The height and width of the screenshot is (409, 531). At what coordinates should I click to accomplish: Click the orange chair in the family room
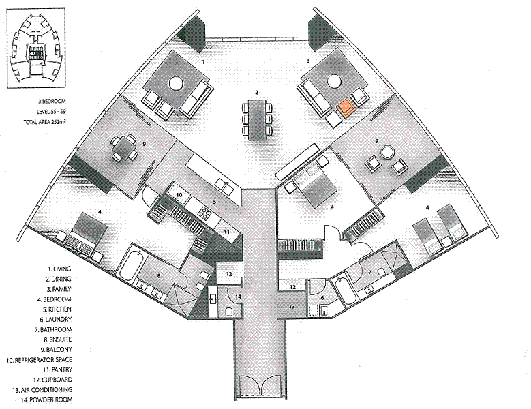coord(346,108)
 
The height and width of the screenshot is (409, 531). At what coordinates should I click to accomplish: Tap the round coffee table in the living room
coord(177,83)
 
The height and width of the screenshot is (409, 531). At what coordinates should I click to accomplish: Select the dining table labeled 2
coord(258,119)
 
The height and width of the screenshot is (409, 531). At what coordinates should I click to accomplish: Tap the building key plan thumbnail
coord(35,48)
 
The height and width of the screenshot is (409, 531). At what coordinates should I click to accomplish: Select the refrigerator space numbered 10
coord(179,195)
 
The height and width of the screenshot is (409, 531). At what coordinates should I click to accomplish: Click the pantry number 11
coord(226,232)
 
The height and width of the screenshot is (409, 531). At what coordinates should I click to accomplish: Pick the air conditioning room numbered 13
coord(292,305)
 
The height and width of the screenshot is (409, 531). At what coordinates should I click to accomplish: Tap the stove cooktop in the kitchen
coord(205,213)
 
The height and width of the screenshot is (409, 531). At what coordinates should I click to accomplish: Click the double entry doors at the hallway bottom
coord(260,386)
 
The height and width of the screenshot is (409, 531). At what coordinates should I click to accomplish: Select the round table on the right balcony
coord(386,151)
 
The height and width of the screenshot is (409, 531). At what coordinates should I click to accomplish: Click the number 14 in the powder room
coord(239,297)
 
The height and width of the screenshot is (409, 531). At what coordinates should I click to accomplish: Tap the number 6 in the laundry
coord(322,298)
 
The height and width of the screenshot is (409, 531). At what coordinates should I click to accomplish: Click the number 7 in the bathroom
coord(369,272)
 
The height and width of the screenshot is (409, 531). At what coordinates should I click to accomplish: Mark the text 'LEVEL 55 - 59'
coord(51,111)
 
